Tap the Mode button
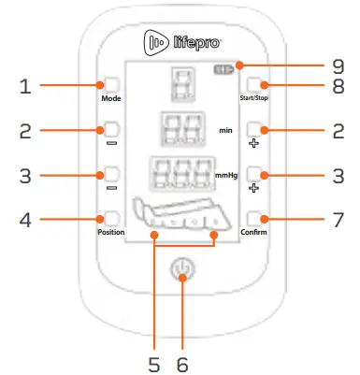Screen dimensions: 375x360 (x=112, y=83)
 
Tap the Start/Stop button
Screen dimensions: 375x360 (x=255, y=83)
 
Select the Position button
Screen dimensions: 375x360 (x=112, y=220)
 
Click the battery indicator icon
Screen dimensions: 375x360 (x=223, y=68)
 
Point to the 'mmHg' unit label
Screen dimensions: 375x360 (x=225, y=175)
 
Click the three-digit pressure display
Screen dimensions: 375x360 (x=176, y=174)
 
